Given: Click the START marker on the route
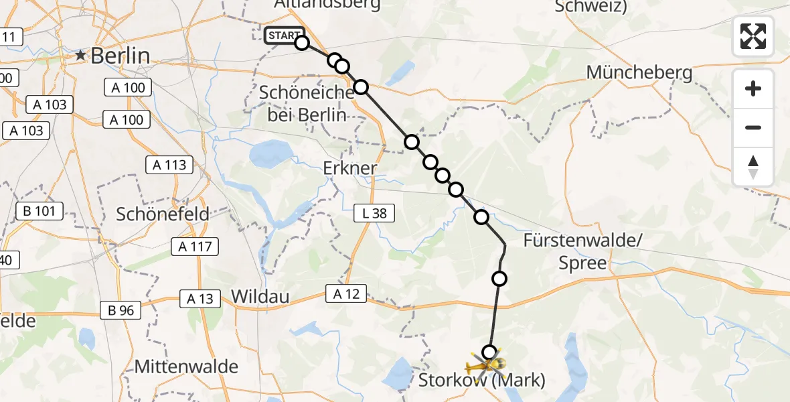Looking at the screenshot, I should pos(285,36).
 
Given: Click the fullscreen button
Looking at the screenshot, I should pos(753,36).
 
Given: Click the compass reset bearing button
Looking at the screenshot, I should pos(753,167).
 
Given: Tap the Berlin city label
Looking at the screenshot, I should pos(121,56).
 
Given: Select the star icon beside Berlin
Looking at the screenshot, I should pos(81,56).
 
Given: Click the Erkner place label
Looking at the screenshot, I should pos(350,167).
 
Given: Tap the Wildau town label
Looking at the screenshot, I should pos(260,296).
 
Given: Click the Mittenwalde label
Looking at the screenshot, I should pos(186,366).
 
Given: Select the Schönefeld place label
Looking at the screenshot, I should pos(163,214).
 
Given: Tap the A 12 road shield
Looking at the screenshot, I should pos(346,293).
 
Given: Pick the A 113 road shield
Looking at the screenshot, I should pos(169,165).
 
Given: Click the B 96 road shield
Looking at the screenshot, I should pos(121,310).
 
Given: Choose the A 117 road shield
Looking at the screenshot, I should pos(195,247).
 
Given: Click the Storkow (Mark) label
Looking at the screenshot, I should pos(482,381).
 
